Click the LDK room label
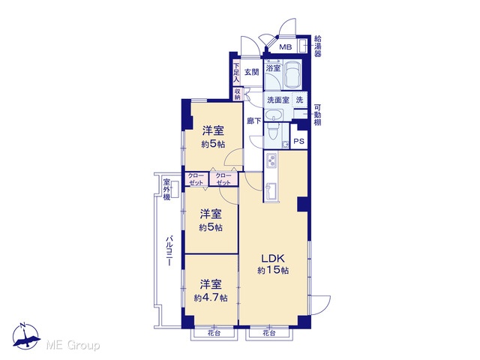pyautogui.click(x=273, y=258)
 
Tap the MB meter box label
pyautogui.click(x=286, y=47)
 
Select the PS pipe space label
pyautogui.click(x=298, y=141)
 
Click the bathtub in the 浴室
pyautogui.click(x=292, y=75)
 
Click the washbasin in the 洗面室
pyautogui.click(x=273, y=115)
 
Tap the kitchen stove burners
pyautogui.click(x=271, y=160)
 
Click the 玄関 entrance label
pyautogui.click(x=252, y=72)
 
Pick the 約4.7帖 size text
pyautogui.click(x=211, y=298)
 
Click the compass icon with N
pyautogui.click(x=26, y=336)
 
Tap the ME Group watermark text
pyautogui.click(x=73, y=346)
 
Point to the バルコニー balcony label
pyautogui.click(x=169, y=250)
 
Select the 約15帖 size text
pyautogui.click(x=273, y=270)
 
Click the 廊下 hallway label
pyautogui.click(x=254, y=121)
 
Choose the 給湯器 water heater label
pyautogui.click(x=318, y=46)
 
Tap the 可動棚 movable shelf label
pyautogui.click(x=318, y=115)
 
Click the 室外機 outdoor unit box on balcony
pyautogui.click(x=175, y=190)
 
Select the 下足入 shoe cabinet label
pyautogui.click(x=236, y=73)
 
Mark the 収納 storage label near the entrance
pyautogui.click(x=238, y=94)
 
